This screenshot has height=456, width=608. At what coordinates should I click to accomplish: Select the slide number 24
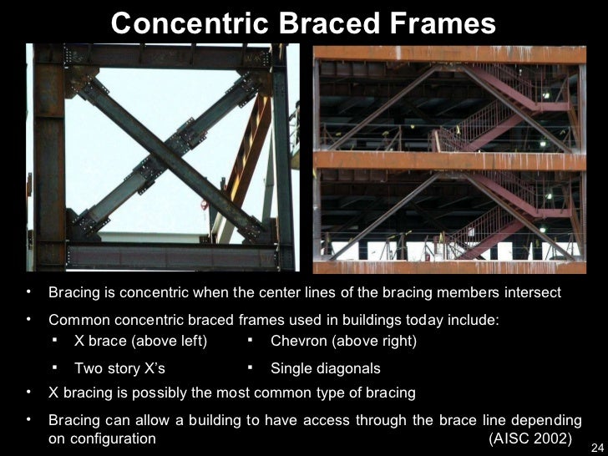595,448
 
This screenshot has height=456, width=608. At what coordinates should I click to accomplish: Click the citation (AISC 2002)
529,438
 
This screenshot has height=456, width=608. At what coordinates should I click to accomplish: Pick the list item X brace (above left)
140,341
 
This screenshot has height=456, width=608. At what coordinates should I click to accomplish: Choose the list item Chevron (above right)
343,341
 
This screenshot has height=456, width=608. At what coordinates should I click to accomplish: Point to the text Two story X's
119,368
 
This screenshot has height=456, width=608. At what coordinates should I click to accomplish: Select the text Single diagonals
325,368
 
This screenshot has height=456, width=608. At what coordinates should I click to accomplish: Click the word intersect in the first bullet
531,293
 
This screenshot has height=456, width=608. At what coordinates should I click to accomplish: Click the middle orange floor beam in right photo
448,160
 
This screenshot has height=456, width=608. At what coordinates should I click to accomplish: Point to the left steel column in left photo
48,159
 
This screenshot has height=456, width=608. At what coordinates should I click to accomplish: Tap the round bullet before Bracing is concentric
28,293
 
